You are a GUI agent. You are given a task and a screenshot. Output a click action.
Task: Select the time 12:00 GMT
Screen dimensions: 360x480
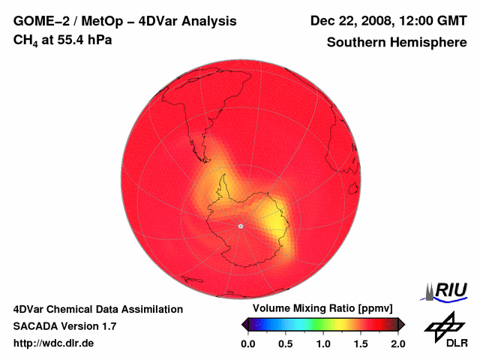click(x=433, y=20)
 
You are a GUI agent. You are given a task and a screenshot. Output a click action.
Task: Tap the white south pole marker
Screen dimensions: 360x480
click(x=240, y=226)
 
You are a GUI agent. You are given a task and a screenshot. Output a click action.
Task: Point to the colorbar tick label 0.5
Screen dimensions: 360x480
click(x=285, y=343)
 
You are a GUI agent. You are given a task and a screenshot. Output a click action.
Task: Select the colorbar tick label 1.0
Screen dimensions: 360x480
click(x=323, y=343)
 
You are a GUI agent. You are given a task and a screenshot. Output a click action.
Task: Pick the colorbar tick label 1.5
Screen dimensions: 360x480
click(x=361, y=343)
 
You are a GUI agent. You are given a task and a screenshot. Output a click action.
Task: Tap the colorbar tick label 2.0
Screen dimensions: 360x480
click(x=398, y=343)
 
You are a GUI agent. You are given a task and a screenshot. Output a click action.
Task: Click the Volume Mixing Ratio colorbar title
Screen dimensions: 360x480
click(x=322, y=309)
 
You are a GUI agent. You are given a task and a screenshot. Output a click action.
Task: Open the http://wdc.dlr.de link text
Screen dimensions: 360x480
click(x=54, y=343)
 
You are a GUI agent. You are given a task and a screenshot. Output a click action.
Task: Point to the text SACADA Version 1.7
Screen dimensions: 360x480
click(x=64, y=326)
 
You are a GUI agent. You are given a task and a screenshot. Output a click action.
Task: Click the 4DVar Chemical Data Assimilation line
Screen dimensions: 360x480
click(x=97, y=309)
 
